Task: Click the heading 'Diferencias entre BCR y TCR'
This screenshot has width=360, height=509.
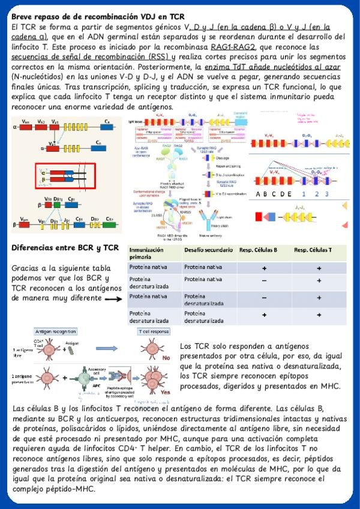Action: coord(65,248)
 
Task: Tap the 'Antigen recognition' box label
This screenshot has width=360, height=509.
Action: coord(55,331)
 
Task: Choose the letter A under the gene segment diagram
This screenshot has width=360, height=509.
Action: coord(259,194)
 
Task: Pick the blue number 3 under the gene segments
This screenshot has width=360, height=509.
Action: coord(323,194)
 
